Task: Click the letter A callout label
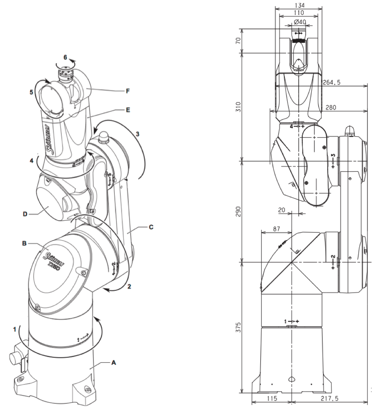point(113,363)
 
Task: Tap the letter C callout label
point(151,227)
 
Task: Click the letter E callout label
point(128,110)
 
